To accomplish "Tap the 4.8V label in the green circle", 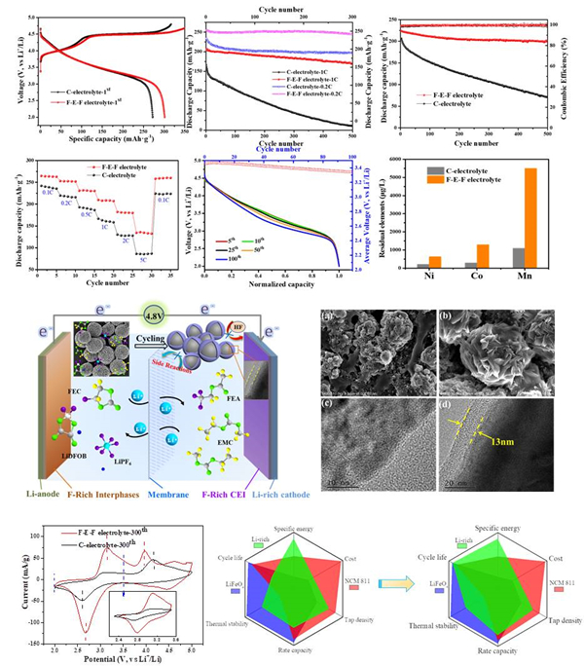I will coord(156,317).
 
